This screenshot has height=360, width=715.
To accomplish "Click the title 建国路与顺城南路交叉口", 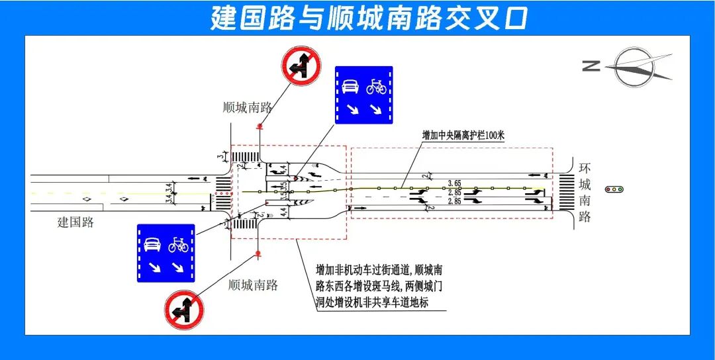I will pyautogui.click(x=369, y=19).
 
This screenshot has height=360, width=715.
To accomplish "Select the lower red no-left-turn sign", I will pyautogui.click(x=184, y=310).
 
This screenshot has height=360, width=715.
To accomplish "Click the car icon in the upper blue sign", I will pyautogui.click(x=350, y=86).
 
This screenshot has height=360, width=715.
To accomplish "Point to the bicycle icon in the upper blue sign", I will pyautogui.click(x=376, y=86).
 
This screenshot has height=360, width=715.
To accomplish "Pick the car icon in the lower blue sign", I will pyautogui.click(x=152, y=244).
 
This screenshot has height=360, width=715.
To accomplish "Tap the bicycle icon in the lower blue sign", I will pyautogui.click(x=178, y=245).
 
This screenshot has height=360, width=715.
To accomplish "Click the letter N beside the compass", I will pyautogui.click(x=591, y=66).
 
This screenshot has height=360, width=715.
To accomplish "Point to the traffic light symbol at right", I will pyautogui.click(x=614, y=189).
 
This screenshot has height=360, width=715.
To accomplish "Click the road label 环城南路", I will pyautogui.click(x=584, y=192).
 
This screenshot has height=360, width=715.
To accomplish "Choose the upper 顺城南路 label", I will pyautogui.click(x=248, y=108).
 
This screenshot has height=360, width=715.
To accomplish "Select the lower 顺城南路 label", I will pyautogui.click(x=253, y=285).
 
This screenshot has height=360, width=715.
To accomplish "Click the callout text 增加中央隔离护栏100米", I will pyautogui.click(x=463, y=135).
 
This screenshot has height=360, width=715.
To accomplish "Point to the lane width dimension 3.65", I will pyautogui.click(x=454, y=183).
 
